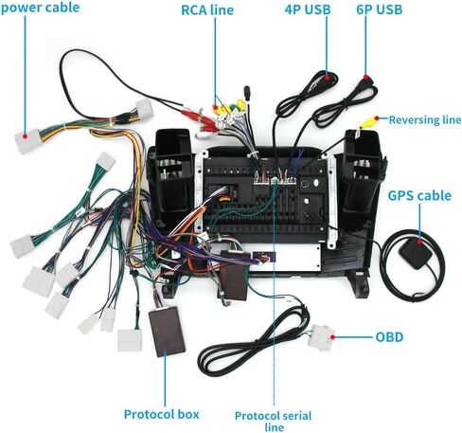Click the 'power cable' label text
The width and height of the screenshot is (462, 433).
[40, 8]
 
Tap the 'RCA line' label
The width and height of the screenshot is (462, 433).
[207, 10]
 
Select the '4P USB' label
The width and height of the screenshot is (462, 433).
[308, 9]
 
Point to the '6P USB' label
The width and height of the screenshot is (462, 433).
[380, 9]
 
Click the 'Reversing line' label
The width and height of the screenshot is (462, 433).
[425, 120]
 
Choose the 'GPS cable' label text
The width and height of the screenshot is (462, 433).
[419, 196]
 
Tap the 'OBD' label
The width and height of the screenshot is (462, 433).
[389, 337]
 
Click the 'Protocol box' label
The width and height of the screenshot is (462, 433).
[161, 414]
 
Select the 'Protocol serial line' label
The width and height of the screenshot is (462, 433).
[274, 421]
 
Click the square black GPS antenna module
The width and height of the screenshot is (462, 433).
[415, 253]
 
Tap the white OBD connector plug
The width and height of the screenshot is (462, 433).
[321, 338]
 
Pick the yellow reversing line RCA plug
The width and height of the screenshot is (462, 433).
[368, 122]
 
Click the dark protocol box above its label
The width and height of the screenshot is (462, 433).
[168, 332]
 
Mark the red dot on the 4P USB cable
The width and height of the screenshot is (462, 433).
[328, 77]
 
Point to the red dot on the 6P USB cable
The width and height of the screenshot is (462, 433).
[365, 77]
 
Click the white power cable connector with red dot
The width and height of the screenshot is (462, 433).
[27, 140]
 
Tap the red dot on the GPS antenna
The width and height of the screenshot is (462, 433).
[419, 242]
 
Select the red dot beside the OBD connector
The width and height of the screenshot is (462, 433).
[332, 337]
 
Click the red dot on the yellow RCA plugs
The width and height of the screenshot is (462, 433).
[216, 108]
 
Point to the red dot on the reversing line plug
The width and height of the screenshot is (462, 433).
[377, 118]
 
